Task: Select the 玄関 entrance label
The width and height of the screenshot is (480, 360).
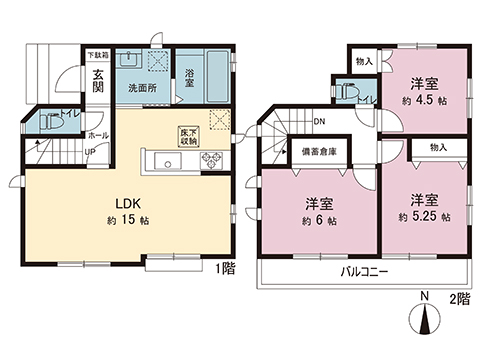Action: click(99, 79)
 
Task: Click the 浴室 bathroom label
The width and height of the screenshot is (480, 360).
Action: click(189, 79)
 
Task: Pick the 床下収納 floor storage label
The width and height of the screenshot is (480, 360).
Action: click(189, 136)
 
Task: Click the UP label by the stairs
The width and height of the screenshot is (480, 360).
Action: click(64, 152)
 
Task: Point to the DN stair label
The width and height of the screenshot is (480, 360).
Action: click(319, 124)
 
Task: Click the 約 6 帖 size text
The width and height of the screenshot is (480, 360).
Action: click(319, 219)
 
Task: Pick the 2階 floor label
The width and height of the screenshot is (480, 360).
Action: click(459, 299)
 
